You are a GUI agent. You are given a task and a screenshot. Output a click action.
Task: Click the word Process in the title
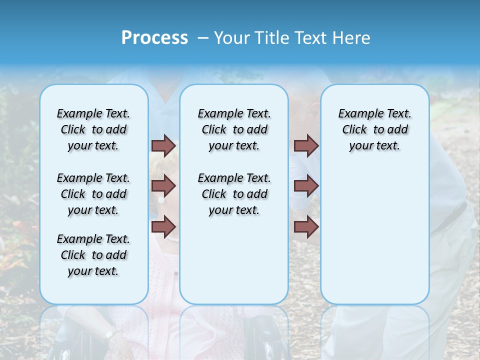coord(154,38)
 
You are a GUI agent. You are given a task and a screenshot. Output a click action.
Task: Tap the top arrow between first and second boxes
coord(163,146)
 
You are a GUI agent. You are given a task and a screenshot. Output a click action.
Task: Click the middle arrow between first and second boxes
coord(163,186)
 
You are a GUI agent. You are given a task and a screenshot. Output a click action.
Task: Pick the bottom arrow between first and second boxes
coord(163,226)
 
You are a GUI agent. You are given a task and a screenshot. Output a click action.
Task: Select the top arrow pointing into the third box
coord(306,146)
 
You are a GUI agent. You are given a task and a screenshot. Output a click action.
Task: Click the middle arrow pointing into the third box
coord(306,186)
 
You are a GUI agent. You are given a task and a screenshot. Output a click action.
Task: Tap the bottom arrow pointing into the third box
coord(306,227)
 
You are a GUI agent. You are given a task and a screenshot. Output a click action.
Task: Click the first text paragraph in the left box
coord(93,129)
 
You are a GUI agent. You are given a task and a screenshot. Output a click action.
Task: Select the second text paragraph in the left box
coord(93,194)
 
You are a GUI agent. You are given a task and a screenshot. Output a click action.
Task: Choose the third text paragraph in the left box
coord(93,255)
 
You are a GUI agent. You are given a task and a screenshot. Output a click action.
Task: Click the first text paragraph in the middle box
coord(234,129)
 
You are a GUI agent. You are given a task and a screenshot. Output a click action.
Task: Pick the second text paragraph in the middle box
coord(234,194)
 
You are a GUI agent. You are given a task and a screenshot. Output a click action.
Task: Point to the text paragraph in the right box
coord(374,129)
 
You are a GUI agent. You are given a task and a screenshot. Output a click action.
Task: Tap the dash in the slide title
coord(203,38)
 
